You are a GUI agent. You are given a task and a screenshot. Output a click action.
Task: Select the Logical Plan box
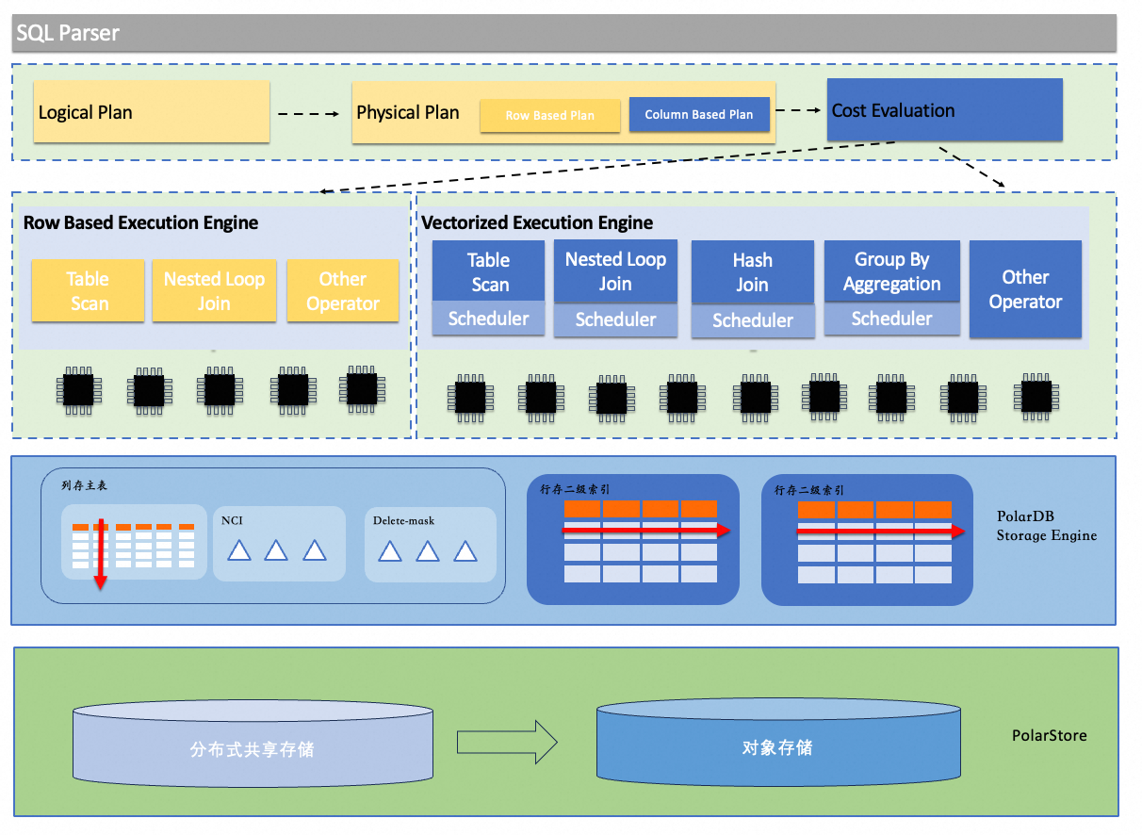click(x=151, y=112)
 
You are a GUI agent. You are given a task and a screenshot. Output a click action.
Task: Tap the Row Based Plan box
click(x=550, y=116)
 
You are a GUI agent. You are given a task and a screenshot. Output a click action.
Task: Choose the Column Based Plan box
click(x=699, y=115)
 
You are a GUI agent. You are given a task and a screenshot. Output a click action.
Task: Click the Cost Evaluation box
click(x=944, y=110)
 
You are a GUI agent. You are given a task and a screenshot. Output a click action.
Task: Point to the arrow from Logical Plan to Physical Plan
click(x=308, y=114)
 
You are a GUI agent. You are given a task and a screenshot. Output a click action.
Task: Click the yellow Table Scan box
click(x=88, y=291)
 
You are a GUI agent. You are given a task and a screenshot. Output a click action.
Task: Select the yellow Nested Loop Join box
click(x=214, y=291)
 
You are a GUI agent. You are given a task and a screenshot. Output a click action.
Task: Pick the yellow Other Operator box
click(x=343, y=291)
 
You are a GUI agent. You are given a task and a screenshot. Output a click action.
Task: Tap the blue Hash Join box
click(x=753, y=272)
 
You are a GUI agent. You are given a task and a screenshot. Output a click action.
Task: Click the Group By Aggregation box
click(x=891, y=271)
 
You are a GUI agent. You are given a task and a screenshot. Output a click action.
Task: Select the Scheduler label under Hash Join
click(x=753, y=321)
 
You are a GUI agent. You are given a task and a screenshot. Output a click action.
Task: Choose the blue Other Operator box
click(x=1025, y=289)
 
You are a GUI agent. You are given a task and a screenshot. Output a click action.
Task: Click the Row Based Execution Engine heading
click(x=140, y=223)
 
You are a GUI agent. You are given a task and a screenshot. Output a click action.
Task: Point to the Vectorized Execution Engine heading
click(x=537, y=223)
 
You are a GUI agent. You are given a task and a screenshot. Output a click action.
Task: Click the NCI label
click(x=232, y=520)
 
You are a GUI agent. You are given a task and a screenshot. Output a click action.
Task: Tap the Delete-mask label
click(x=403, y=520)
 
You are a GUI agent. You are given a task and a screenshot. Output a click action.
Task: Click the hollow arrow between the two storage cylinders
click(x=507, y=743)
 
